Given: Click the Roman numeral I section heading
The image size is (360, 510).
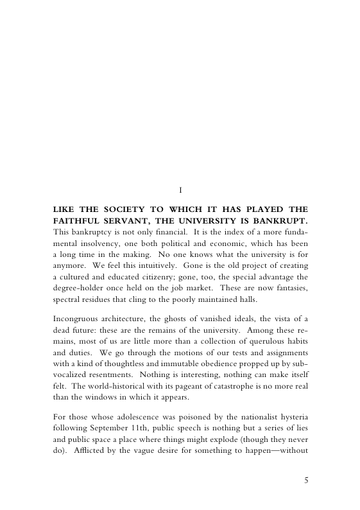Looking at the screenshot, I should click(x=182, y=189).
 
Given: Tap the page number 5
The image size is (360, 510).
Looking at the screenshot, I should click(x=306, y=479).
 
